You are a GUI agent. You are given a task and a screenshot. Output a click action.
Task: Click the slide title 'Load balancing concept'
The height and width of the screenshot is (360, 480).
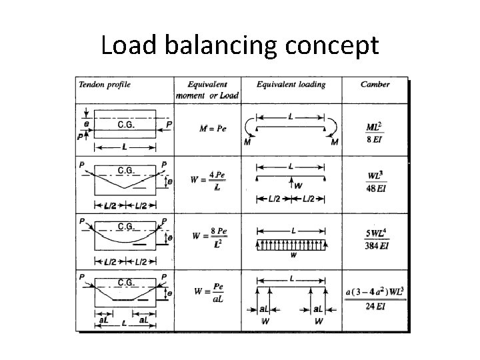240,45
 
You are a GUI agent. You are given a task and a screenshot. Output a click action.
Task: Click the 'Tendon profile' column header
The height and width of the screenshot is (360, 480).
105,85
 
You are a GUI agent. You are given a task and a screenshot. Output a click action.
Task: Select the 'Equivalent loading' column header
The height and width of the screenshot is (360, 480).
291,85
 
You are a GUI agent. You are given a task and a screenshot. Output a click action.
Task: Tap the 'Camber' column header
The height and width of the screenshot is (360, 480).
375,85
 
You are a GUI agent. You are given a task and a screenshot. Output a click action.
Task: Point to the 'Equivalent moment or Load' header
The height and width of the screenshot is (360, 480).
207,90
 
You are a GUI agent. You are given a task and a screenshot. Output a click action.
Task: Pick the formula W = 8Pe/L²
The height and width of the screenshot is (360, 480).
207,237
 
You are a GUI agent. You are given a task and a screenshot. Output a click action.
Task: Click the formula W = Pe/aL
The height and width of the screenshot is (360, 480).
207,293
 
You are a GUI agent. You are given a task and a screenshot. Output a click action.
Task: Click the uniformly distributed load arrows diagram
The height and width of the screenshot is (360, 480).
292,244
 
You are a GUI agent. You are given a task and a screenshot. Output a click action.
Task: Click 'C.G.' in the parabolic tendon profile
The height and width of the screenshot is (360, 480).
127,225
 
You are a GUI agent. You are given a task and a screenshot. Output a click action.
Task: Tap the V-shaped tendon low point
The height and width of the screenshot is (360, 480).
125,188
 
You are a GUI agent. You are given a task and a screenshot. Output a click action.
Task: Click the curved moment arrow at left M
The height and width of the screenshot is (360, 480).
249,128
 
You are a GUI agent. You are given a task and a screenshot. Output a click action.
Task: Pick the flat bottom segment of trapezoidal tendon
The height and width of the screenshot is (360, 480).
125,300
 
